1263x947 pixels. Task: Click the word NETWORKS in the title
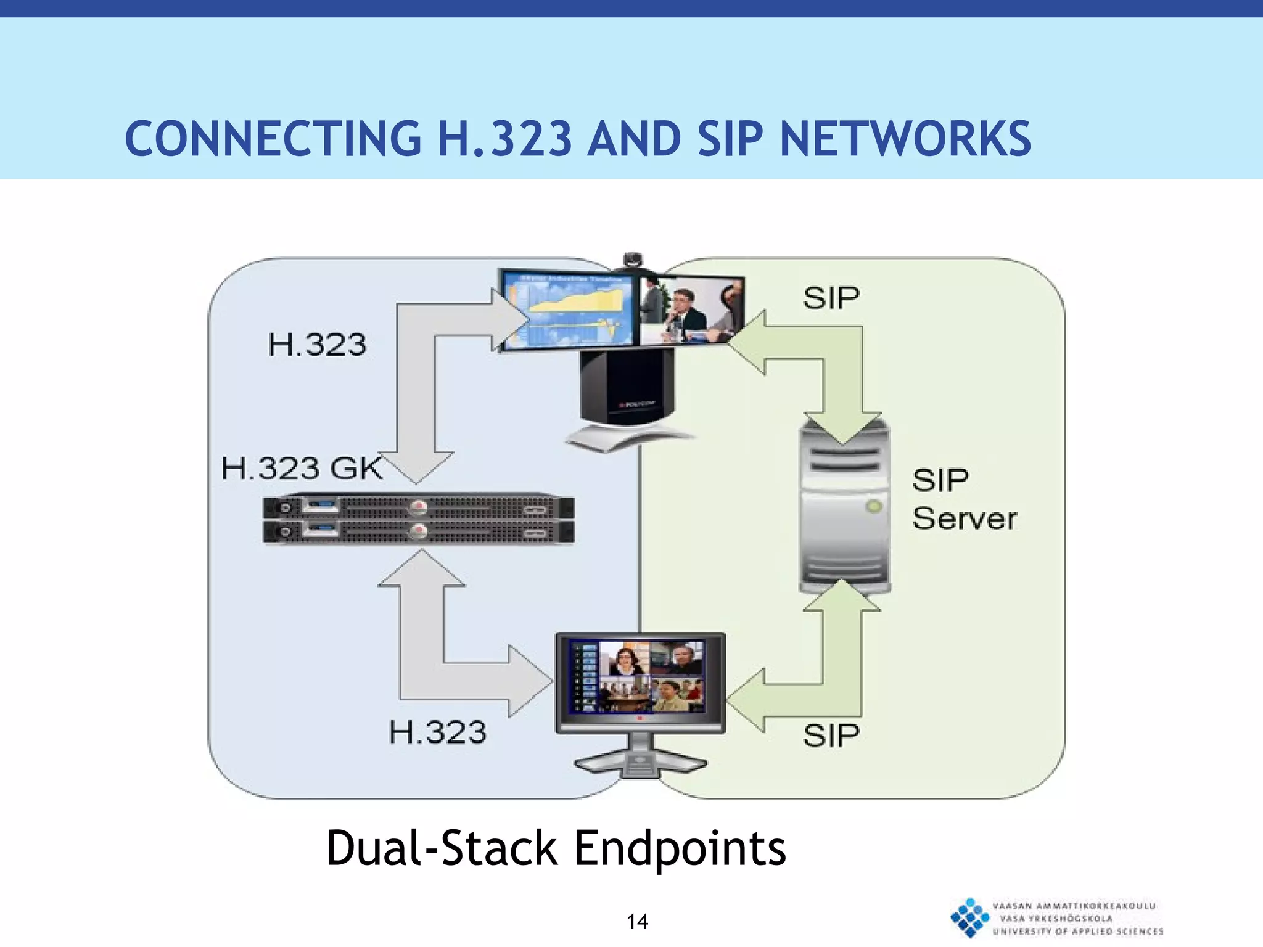(905, 139)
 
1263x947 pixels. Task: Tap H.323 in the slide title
(504, 139)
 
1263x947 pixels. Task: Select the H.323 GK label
(302, 468)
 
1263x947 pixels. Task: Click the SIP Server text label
(963, 499)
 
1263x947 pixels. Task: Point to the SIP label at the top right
(831, 298)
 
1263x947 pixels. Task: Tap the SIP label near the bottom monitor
(831, 736)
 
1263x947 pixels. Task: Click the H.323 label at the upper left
(317, 344)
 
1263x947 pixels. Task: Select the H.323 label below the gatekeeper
(437, 732)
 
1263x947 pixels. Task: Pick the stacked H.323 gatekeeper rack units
(418, 519)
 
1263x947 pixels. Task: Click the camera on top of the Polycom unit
(633, 261)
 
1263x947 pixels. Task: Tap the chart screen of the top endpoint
(569, 310)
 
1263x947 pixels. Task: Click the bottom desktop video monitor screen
(640, 677)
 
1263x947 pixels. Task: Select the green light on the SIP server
(873, 507)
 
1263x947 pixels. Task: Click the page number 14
(637, 922)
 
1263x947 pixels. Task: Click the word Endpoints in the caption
(680, 848)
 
